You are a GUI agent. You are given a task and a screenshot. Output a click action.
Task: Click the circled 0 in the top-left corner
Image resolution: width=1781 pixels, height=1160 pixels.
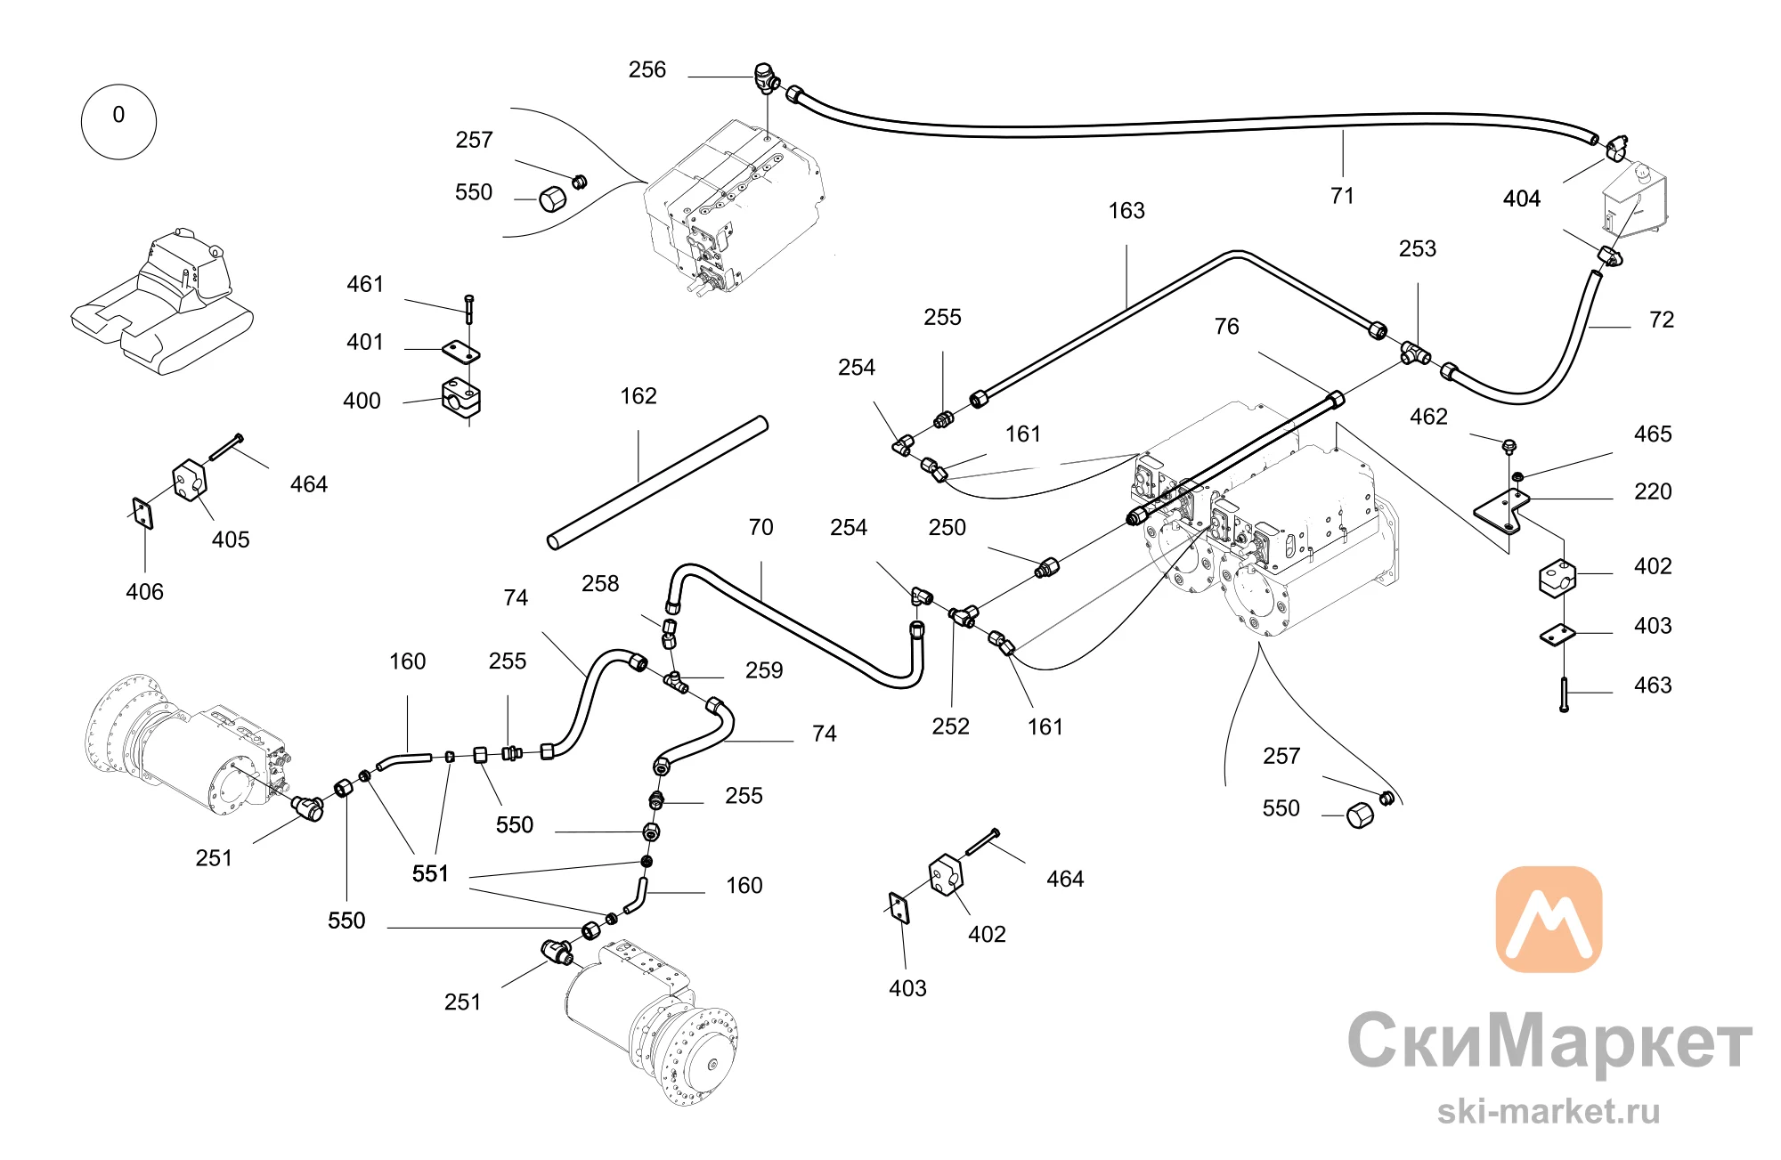[118, 121]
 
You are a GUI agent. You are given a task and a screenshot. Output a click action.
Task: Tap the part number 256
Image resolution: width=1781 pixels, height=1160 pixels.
[647, 69]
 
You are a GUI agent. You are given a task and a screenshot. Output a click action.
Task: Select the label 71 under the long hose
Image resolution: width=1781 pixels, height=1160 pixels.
[1342, 196]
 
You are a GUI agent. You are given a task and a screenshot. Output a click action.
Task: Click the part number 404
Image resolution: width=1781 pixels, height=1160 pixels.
[1522, 199]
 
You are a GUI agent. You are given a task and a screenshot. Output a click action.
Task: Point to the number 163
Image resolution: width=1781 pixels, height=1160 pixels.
[1126, 211]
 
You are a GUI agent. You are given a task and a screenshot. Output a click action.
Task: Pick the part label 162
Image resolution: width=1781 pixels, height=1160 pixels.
[638, 396]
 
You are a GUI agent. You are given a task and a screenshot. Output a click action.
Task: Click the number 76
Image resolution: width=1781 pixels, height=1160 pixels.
[1227, 327]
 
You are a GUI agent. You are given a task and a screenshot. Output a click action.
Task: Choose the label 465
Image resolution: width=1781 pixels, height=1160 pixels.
[1653, 434]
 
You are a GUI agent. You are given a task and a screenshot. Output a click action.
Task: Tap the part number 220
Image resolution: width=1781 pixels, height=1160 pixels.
[1653, 491]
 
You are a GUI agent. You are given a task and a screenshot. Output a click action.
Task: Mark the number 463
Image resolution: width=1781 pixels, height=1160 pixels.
[1653, 685]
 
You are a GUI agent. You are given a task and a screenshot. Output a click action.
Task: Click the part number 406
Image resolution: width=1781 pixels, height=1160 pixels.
[145, 592]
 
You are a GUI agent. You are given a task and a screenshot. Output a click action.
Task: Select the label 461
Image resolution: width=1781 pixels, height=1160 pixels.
[365, 284]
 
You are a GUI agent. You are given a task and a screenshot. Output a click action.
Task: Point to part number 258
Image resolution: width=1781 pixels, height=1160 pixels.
[600, 584]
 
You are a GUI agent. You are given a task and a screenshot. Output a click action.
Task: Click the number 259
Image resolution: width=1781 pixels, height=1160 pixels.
[764, 670]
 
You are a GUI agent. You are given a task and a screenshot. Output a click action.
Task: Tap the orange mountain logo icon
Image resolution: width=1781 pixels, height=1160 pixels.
[1549, 920]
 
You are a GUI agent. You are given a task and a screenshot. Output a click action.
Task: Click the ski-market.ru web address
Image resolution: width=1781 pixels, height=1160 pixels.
[1549, 1111]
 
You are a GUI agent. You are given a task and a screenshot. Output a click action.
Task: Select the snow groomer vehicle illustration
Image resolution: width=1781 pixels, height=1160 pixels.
[162, 302]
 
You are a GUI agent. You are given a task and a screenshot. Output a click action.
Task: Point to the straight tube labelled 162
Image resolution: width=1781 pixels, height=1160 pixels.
[657, 483]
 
